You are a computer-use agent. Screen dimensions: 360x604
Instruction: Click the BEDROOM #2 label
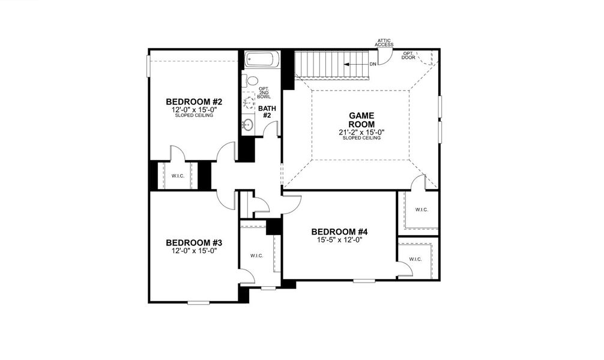click(x=194, y=101)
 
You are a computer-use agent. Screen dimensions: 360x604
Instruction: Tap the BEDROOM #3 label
click(x=194, y=242)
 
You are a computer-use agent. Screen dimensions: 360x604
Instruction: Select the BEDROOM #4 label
click(x=339, y=232)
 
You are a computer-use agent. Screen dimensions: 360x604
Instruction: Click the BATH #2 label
click(x=266, y=112)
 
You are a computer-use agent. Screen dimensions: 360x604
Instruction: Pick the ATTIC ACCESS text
click(x=384, y=43)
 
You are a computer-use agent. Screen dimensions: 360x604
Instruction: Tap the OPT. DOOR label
click(x=408, y=55)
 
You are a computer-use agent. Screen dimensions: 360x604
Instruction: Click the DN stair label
click(x=373, y=64)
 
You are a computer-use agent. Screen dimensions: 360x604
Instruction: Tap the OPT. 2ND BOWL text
click(x=264, y=92)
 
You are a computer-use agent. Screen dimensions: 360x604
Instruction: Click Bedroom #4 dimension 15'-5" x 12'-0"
click(x=339, y=240)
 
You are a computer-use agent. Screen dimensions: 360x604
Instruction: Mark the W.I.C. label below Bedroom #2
click(x=178, y=176)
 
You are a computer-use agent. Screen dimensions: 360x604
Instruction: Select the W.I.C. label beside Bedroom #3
click(x=257, y=256)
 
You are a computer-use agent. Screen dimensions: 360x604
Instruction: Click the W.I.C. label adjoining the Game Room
click(x=421, y=209)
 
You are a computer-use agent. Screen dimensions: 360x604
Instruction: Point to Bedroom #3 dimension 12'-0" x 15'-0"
click(x=194, y=251)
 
